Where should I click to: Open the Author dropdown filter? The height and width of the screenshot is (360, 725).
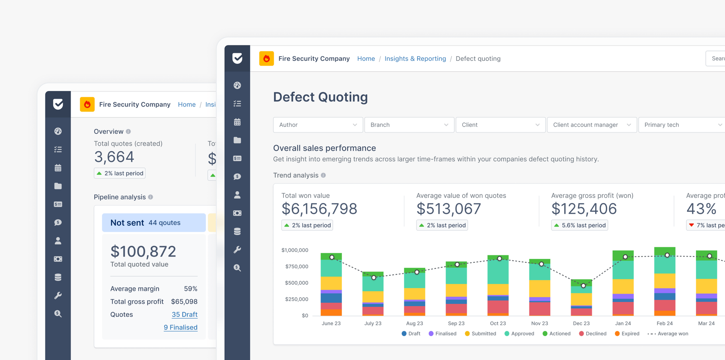click(318, 125)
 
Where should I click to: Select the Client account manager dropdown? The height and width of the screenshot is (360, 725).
click(591, 125)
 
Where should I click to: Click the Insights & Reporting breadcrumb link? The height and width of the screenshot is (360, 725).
click(415, 59)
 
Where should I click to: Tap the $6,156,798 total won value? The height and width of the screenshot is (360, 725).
click(319, 209)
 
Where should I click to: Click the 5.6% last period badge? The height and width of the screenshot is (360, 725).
click(579, 225)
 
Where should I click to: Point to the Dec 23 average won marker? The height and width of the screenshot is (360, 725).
click(583, 286)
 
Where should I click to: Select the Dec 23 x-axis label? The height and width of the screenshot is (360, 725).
click(581, 323)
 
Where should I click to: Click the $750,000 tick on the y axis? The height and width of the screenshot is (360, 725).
click(297, 266)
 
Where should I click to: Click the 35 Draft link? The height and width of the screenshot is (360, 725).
click(185, 314)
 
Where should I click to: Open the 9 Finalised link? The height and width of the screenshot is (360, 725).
click(181, 327)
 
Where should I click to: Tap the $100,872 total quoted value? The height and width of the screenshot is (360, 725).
click(143, 252)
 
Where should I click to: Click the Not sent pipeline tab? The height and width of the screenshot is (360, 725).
click(154, 223)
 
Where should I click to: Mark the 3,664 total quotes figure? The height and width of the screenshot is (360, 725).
click(114, 157)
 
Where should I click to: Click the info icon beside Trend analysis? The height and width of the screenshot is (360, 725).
click(323, 175)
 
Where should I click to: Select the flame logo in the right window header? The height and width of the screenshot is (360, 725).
click(266, 59)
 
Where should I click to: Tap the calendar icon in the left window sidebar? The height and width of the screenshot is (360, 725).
click(58, 168)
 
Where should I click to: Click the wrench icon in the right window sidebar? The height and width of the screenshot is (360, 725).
click(237, 249)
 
